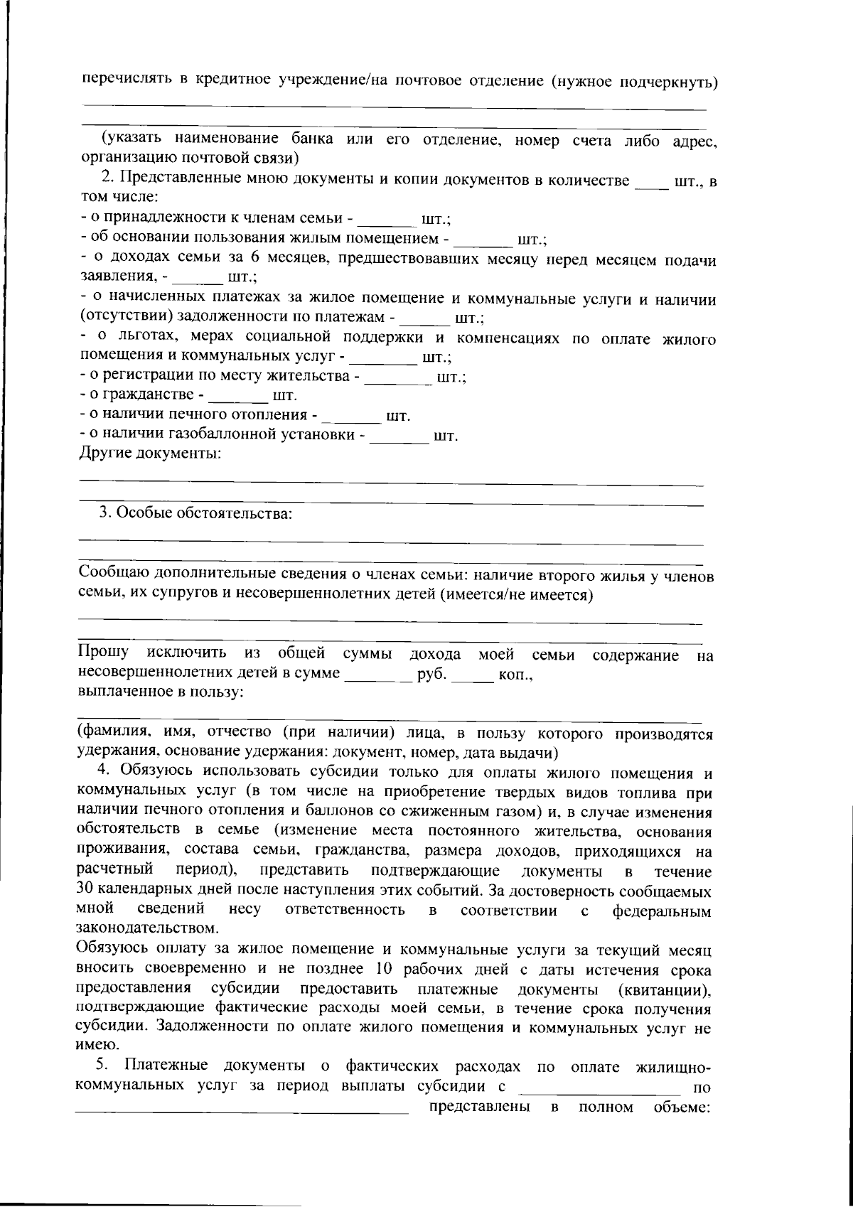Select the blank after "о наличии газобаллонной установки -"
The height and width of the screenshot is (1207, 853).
point(400,439)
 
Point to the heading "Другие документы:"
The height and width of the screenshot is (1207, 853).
point(149,454)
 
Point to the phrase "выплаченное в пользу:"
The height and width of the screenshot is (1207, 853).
point(161,692)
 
